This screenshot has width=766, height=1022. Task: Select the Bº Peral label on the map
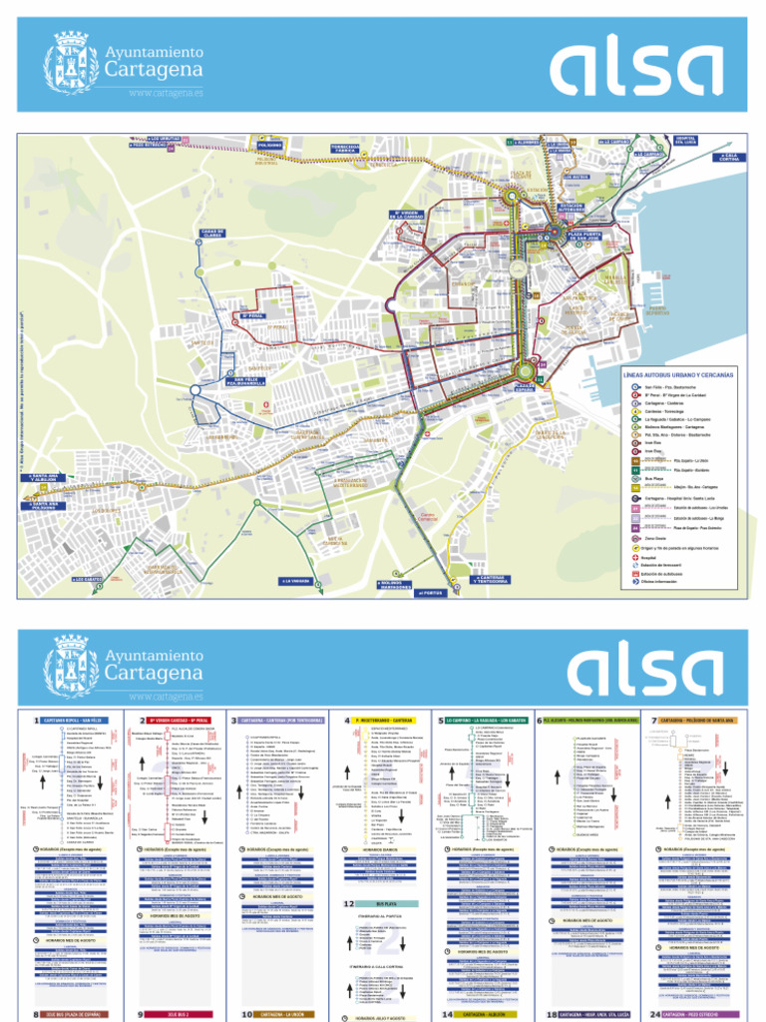click(249, 318)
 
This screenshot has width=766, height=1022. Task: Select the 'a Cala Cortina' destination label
click(729, 158)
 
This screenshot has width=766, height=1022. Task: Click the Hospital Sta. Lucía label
click(683, 140)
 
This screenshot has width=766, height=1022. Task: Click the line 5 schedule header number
click(441, 720)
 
